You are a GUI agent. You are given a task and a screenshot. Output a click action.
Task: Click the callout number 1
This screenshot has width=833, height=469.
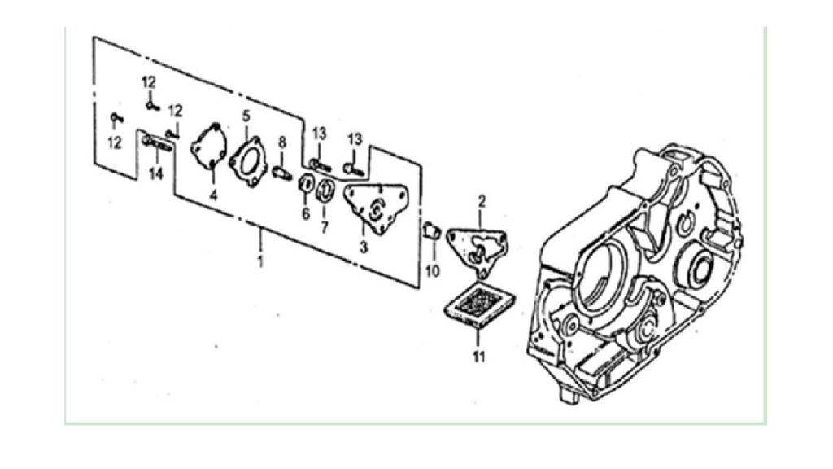point(260,263)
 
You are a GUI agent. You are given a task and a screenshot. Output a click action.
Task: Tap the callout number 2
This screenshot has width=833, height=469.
point(482,202)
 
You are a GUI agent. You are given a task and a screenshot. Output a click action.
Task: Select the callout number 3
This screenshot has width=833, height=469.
point(364,248)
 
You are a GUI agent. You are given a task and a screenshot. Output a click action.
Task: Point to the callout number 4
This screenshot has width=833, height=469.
point(213,195)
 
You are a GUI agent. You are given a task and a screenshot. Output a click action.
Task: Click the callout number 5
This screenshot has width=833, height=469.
point(246,116)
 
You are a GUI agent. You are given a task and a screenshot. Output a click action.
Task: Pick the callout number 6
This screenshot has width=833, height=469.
point(306,214)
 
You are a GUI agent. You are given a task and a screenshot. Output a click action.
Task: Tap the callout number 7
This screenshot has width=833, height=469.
point(324,227)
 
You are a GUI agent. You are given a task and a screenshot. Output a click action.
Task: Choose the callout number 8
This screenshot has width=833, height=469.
point(282,142)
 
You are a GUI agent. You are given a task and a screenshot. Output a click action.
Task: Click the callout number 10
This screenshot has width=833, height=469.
point(433,271)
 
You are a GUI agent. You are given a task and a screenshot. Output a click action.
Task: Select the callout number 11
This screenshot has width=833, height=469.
point(479,357)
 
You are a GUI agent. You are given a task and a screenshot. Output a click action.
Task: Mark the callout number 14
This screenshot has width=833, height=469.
point(156,174)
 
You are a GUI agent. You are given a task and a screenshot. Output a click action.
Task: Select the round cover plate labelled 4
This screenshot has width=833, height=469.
point(209,147)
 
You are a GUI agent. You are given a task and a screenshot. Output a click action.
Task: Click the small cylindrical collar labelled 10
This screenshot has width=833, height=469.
point(431,230)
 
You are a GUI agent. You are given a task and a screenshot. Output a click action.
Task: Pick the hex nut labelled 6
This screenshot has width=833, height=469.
point(307,182)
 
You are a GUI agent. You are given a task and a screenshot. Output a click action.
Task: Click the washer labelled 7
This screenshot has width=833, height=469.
point(325,191)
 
